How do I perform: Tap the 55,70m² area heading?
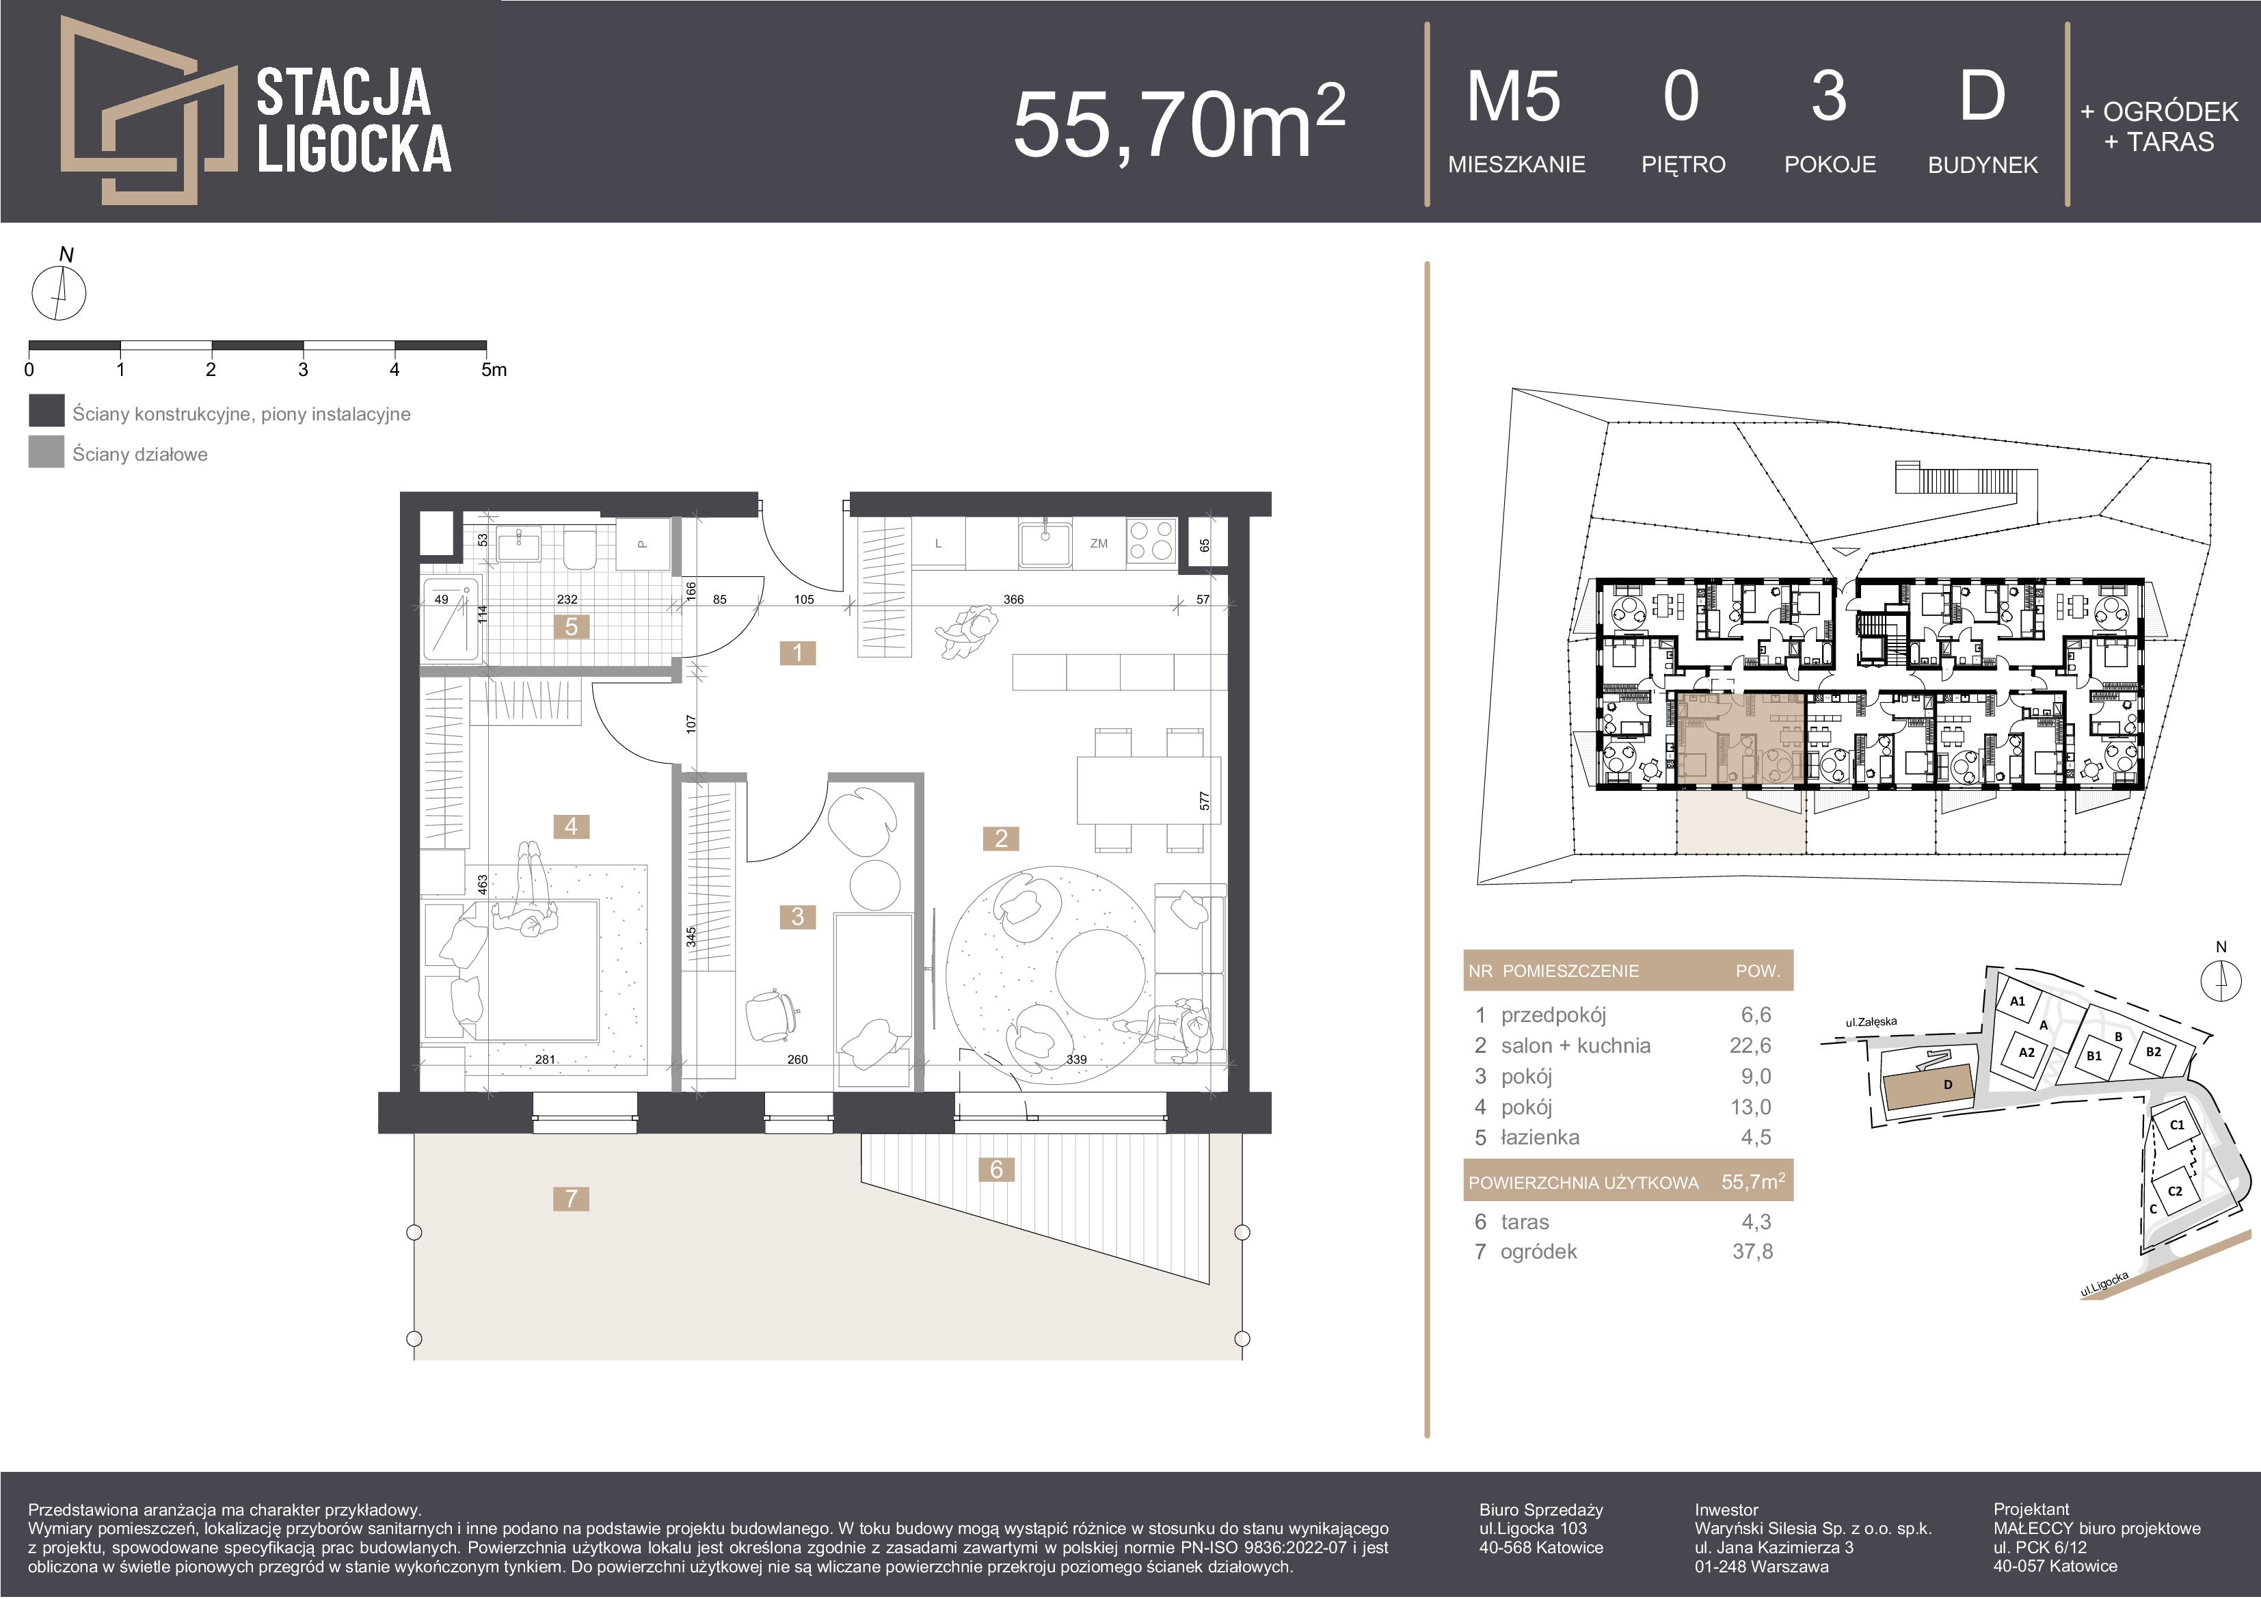tap(1179, 122)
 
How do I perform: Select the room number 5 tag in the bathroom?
tap(571, 626)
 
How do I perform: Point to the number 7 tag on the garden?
tap(571, 1198)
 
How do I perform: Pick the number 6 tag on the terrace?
tap(997, 1169)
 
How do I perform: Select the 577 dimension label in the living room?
tap(1205, 801)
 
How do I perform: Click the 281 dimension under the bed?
tap(545, 1060)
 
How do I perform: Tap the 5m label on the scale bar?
tap(494, 371)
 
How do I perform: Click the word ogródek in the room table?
tap(1538, 1252)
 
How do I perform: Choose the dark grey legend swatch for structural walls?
tap(46, 411)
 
